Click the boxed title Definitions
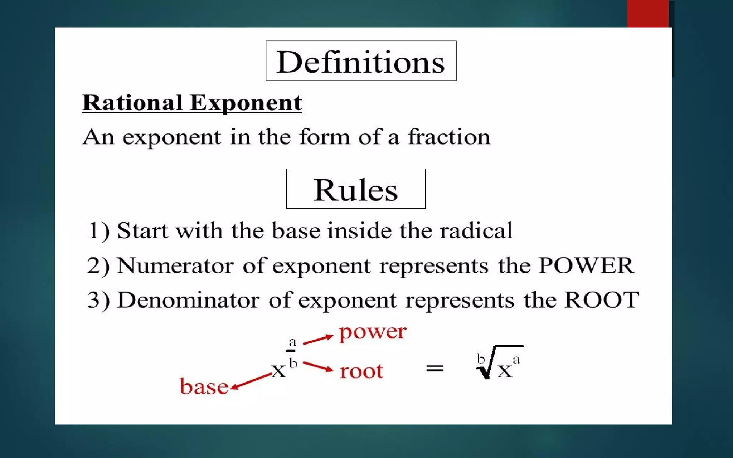coord(361,62)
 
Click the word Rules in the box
coord(355,190)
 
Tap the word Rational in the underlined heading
coord(132,103)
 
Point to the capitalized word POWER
coord(586,265)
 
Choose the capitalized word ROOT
coord(601,300)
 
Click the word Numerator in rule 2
coord(175,265)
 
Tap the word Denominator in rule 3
coord(188,300)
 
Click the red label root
coord(361,371)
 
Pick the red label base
coord(204,387)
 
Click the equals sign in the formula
coord(435,368)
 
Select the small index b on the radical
coord(481,358)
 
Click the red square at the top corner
coord(648,14)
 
